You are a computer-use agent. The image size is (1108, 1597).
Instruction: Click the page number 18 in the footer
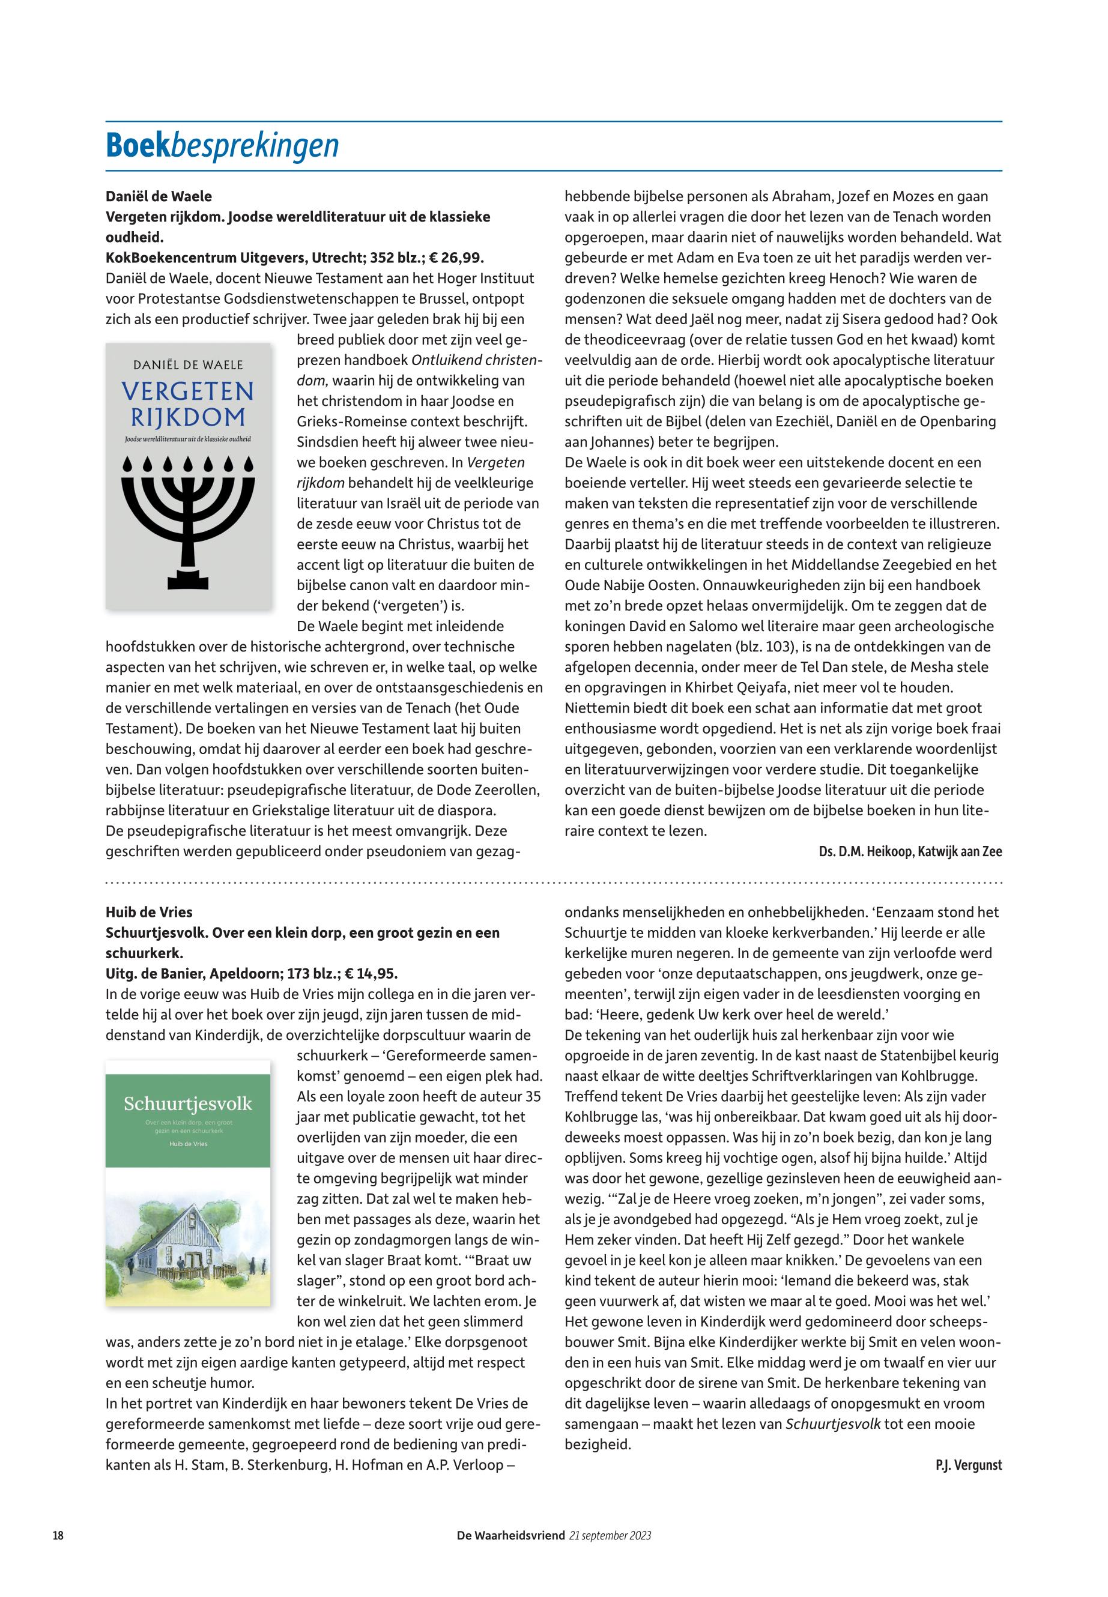tap(58, 1535)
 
